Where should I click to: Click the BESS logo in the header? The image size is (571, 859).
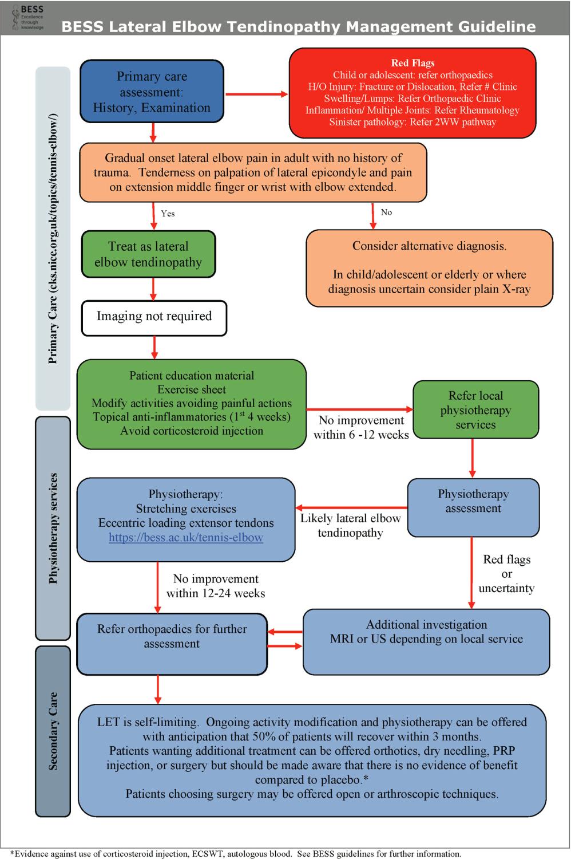pyautogui.click(x=28, y=17)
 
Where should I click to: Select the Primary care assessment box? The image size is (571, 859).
pyautogui.click(x=152, y=91)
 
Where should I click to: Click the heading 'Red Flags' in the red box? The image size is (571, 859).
pyautogui.click(x=413, y=63)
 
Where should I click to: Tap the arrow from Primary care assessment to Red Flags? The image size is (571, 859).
pyautogui.click(x=256, y=94)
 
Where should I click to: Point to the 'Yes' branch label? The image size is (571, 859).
pyautogui.click(x=168, y=214)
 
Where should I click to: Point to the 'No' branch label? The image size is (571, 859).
pyautogui.click(x=386, y=212)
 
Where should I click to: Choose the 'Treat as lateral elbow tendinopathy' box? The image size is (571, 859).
pyautogui.click(x=148, y=254)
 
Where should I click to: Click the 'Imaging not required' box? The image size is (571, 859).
pyautogui.click(x=154, y=318)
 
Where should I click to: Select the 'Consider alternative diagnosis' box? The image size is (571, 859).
pyautogui.click(x=429, y=268)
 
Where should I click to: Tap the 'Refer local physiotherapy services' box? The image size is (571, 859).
pyautogui.click(x=475, y=409)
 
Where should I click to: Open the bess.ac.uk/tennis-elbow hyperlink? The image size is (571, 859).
pyautogui.click(x=186, y=537)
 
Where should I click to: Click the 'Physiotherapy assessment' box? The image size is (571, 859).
pyautogui.click(x=473, y=507)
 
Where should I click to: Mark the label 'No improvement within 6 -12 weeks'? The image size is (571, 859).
pyautogui.click(x=361, y=428)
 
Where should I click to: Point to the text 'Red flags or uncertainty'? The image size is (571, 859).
pyautogui.click(x=506, y=574)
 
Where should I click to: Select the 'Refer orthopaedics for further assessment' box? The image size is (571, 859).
pyautogui.click(x=172, y=644)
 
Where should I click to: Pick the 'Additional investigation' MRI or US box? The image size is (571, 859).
pyautogui.click(x=426, y=641)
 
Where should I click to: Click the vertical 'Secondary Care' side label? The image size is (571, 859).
pyautogui.click(x=53, y=731)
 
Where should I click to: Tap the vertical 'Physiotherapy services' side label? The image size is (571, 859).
pyautogui.click(x=53, y=528)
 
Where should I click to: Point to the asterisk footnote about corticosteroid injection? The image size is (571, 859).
pyautogui.click(x=236, y=854)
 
